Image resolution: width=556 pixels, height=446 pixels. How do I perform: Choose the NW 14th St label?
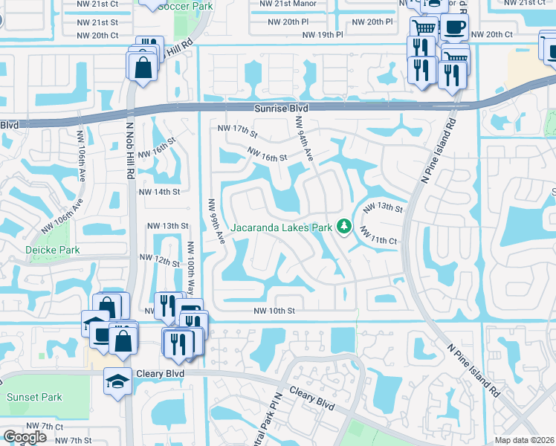tap(161, 192)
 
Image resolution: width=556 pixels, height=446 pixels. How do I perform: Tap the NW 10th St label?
tap(274, 311)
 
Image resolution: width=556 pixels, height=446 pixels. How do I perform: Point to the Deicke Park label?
tap(53, 250)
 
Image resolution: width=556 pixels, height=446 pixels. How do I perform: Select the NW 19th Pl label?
tap(321, 35)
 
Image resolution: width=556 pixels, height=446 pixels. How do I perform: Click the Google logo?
tap(25, 437)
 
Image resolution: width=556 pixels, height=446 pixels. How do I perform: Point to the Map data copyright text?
tap(525, 440)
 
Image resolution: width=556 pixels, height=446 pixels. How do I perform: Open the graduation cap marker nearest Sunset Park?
tap(117, 381)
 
